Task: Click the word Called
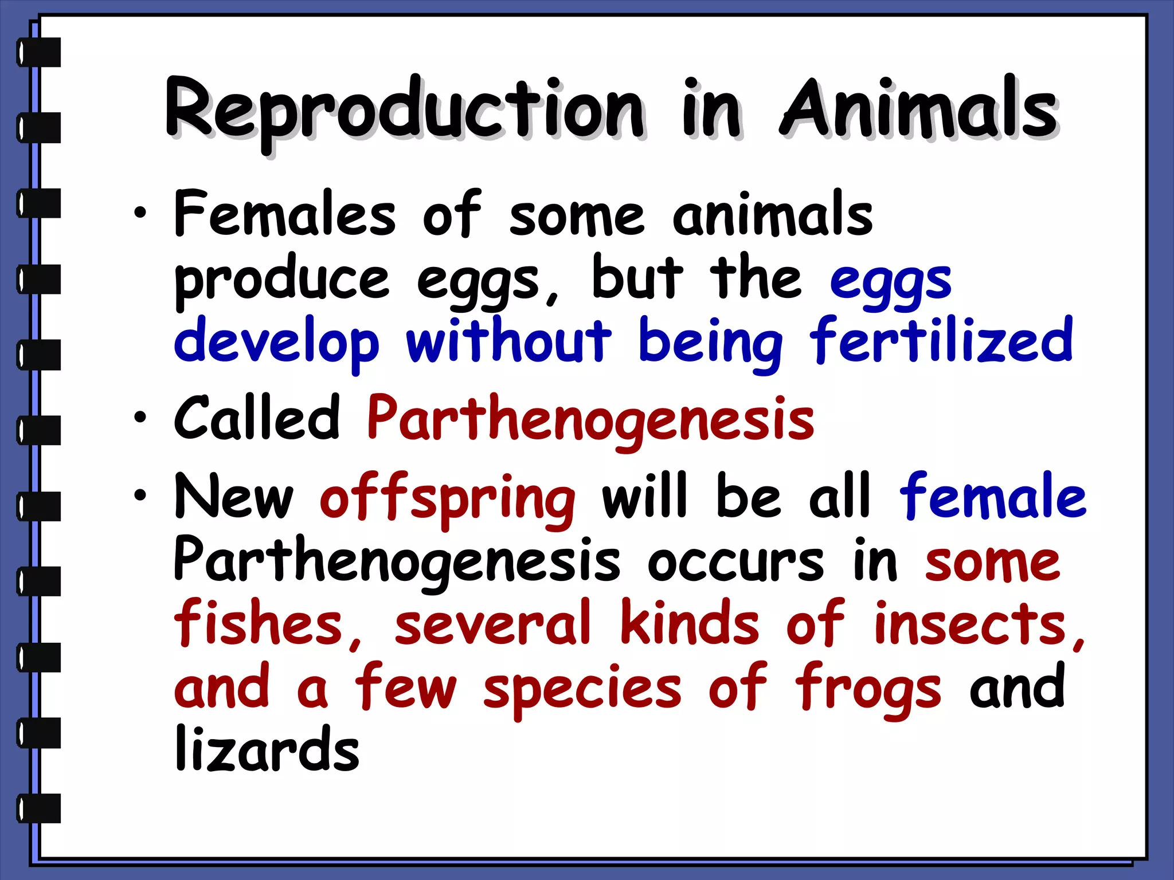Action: pyautogui.click(x=257, y=418)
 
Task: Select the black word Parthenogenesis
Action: pyautogui.click(x=397, y=561)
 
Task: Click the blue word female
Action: pyautogui.click(x=993, y=496)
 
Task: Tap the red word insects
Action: pyautogui.click(x=977, y=624)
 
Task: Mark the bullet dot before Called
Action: pyautogui.click(x=140, y=418)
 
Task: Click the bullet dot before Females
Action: pyautogui.click(x=140, y=214)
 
